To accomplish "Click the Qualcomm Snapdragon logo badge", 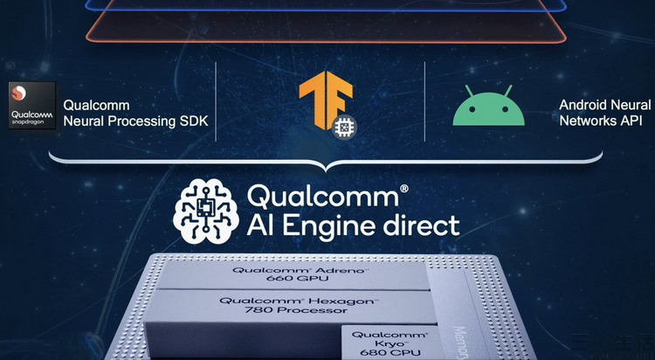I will (31, 105).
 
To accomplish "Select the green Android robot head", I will (488, 110).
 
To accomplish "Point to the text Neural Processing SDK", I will (135, 121).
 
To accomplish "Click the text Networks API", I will (601, 121).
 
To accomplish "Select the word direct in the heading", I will (424, 225).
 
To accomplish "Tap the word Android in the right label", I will (581, 105).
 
